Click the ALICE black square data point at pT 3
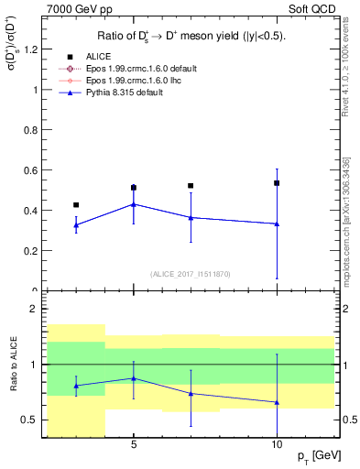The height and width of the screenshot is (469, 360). pyautogui.click(x=76, y=205)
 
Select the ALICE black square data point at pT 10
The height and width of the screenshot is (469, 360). pyautogui.click(x=277, y=183)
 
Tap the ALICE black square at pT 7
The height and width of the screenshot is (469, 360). pyautogui.click(x=191, y=186)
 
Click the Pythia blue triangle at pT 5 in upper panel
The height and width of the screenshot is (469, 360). pyautogui.click(x=134, y=204)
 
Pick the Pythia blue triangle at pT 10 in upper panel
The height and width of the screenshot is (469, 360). pyautogui.click(x=277, y=224)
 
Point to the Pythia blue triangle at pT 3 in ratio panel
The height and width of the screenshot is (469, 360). pyautogui.click(x=76, y=386)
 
